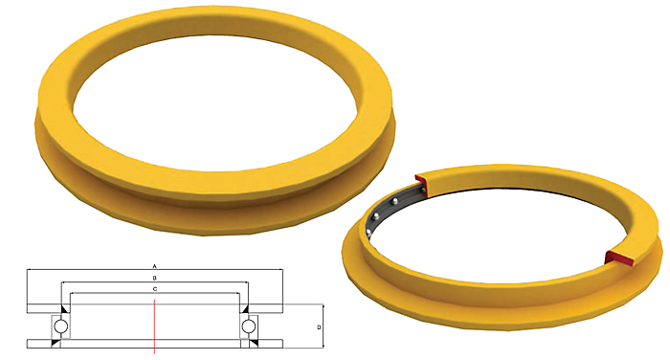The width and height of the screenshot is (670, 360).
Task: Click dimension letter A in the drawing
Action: (x=155, y=266)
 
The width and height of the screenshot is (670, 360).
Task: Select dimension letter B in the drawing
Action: (x=155, y=278)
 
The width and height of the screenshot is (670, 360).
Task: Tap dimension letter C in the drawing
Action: (x=155, y=289)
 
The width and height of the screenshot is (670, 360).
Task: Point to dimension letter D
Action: (x=319, y=327)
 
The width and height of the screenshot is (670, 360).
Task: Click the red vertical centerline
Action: (x=154, y=326)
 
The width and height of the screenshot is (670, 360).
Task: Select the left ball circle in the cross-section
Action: (x=60, y=326)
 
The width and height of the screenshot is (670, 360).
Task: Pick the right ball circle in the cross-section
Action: (x=248, y=326)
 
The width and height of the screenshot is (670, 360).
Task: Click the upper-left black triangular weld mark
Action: (x=65, y=309)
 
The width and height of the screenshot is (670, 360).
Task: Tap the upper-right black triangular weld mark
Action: (x=244, y=309)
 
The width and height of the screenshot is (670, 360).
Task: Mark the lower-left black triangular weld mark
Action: (x=56, y=344)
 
